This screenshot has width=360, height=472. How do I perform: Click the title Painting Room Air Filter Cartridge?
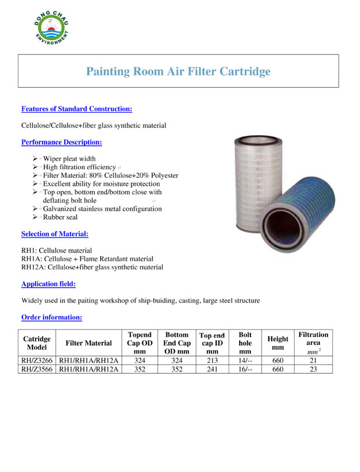(178, 71)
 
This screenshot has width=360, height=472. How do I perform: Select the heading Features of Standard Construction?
(77, 108)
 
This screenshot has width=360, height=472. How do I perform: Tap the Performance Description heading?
(61, 142)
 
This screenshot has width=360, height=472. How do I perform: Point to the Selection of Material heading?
(55, 234)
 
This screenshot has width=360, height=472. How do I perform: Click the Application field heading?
(49, 284)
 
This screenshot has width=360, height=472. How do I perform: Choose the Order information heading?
(52, 317)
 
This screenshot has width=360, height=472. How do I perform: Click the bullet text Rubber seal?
(60, 217)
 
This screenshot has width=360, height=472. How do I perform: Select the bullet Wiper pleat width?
(69, 159)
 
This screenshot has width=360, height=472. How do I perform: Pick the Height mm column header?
(278, 343)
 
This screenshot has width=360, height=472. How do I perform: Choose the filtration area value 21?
(313, 361)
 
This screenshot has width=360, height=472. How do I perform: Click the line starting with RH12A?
(92, 267)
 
